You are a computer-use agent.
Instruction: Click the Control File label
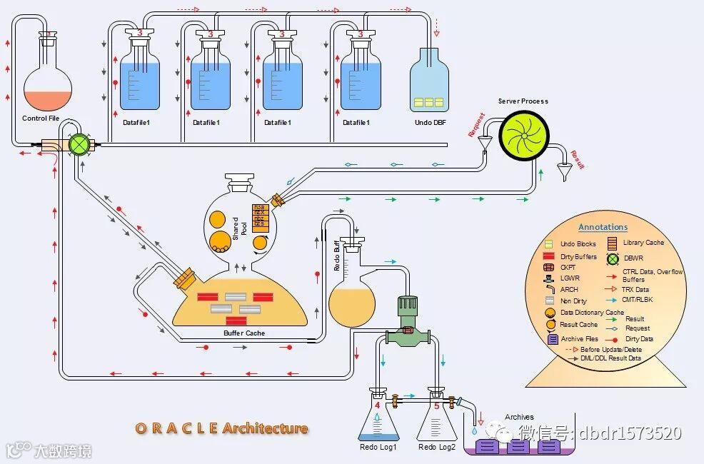pyautogui.click(x=41, y=118)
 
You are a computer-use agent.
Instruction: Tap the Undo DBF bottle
pyautogui.click(x=429, y=81)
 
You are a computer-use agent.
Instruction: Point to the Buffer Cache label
pyautogui.click(x=244, y=333)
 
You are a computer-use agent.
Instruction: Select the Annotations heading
pyautogui.click(x=603, y=227)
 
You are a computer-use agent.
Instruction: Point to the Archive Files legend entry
pyautogui.click(x=579, y=339)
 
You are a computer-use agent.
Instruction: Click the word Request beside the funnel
pyautogui.click(x=476, y=123)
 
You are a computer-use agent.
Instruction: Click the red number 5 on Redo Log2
pyautogui.click(x=437, y=405)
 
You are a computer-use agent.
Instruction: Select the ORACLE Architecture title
pyautogui.click(x=222, y=428)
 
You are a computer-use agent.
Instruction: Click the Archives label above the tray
pyautogui.click(x=519, y=417)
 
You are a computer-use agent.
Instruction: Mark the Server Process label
pyautogui.click(x=523, y=101)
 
